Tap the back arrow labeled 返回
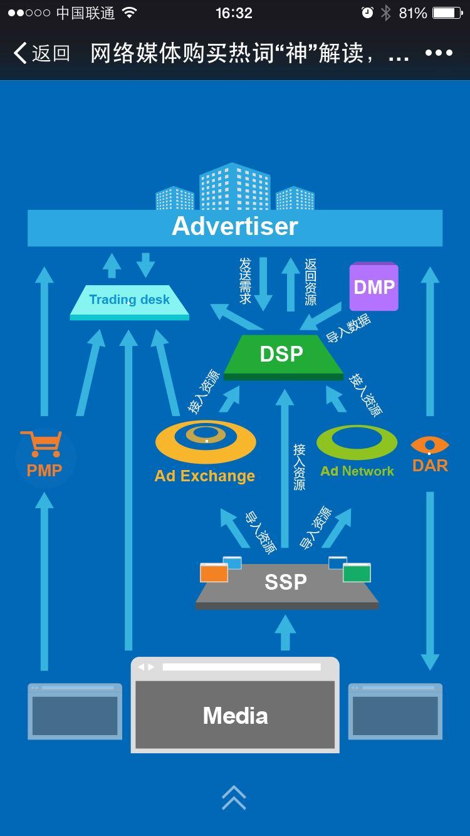[x=41, y=53]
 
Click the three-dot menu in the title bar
[x=439, y=53]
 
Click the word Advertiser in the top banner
[x=235, y=226]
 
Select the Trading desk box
[x=130, y=301]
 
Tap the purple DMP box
[x=374, y=287]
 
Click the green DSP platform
[x=282, y=355]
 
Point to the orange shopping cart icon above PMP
[x=41, y=444]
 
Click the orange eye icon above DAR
[x=430, y=445]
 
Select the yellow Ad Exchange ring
[x=206, y=441]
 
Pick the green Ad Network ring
[x=357, y=442]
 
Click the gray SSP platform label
[x=286, y=582]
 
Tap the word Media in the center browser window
[x=235, y=716]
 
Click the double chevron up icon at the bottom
[x=234, y=797]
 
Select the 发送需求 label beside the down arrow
[x=245, y=280]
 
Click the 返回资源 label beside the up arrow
[x=310, y=281]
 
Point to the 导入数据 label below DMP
[x=348, y=328]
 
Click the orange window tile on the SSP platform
[x=214, y=573]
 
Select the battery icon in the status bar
[x=447, y=13]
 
